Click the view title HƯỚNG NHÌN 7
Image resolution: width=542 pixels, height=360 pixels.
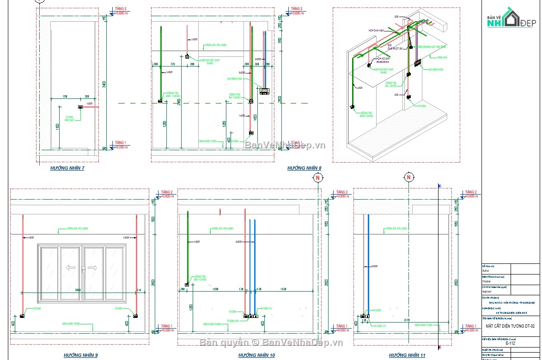(67, 168)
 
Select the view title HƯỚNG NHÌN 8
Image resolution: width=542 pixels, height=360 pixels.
(304, 168)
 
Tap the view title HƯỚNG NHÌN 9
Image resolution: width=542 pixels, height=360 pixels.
(80, 355)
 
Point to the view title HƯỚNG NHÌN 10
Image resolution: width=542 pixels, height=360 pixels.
(256, 355)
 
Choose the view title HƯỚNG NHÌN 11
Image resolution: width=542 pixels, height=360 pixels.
(407, 355)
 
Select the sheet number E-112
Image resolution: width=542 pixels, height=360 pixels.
(510, 343)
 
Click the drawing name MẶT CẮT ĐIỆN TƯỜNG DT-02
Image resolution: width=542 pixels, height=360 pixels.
(510, 326)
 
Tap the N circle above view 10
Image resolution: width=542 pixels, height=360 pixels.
(317, 177)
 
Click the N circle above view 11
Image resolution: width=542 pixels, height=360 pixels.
(408, 177)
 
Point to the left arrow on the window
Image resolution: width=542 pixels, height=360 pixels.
(70, 267)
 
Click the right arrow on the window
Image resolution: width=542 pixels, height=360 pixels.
(92, 267)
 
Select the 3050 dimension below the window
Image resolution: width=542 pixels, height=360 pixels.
(78, 290)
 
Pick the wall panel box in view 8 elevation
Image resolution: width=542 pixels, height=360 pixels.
(264, 91)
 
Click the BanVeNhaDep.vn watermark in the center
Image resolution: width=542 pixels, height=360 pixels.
(285, 145)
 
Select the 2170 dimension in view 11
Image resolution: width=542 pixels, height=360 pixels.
(407, 320)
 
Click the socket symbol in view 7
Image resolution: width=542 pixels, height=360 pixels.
(80, 107)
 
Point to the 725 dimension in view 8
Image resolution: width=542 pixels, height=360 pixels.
(172, 64)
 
